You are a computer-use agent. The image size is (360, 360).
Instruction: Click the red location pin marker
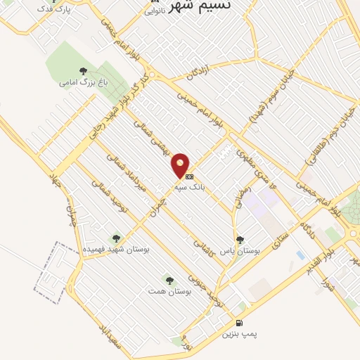point(181,164)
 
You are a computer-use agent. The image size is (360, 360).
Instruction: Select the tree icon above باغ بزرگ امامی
point(84,70)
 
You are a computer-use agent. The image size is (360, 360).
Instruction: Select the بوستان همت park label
point(167,290)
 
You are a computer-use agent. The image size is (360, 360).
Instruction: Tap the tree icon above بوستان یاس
point(240,239)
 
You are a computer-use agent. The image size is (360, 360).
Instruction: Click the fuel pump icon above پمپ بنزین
point(240,323)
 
